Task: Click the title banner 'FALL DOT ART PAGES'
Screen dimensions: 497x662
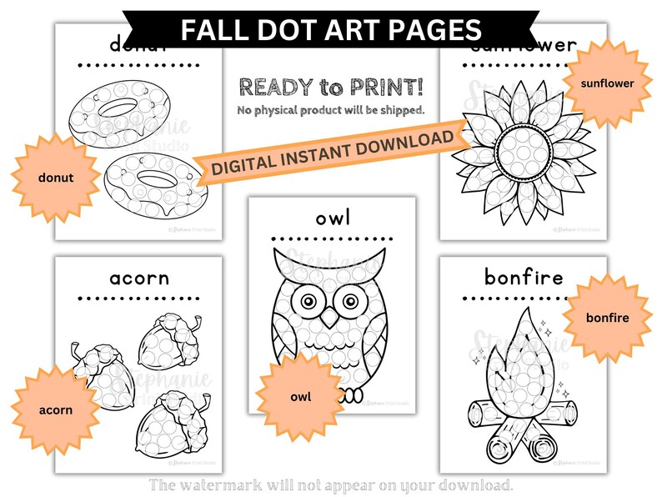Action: click(x=331, y=30)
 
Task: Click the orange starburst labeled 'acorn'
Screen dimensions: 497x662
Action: click(x=55, y=409)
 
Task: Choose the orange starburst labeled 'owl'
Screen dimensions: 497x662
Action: click(x=300, y=396)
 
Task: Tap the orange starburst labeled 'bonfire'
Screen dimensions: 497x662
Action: click(x=606, y=318)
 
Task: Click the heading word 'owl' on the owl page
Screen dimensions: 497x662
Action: click(x=332, y=218)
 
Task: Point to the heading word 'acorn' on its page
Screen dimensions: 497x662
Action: click(x=139, y=277)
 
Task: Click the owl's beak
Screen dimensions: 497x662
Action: click(x=331, y=318)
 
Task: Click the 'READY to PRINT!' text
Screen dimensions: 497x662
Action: click(x=331, y=86)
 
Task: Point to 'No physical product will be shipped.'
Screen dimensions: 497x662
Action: click(x=331, y=109)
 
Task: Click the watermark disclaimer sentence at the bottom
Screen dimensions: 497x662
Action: click(x=331, y=484)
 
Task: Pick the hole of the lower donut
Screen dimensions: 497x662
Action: click(x=155, y=177)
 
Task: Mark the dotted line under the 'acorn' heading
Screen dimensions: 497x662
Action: click(x=139, y=297)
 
